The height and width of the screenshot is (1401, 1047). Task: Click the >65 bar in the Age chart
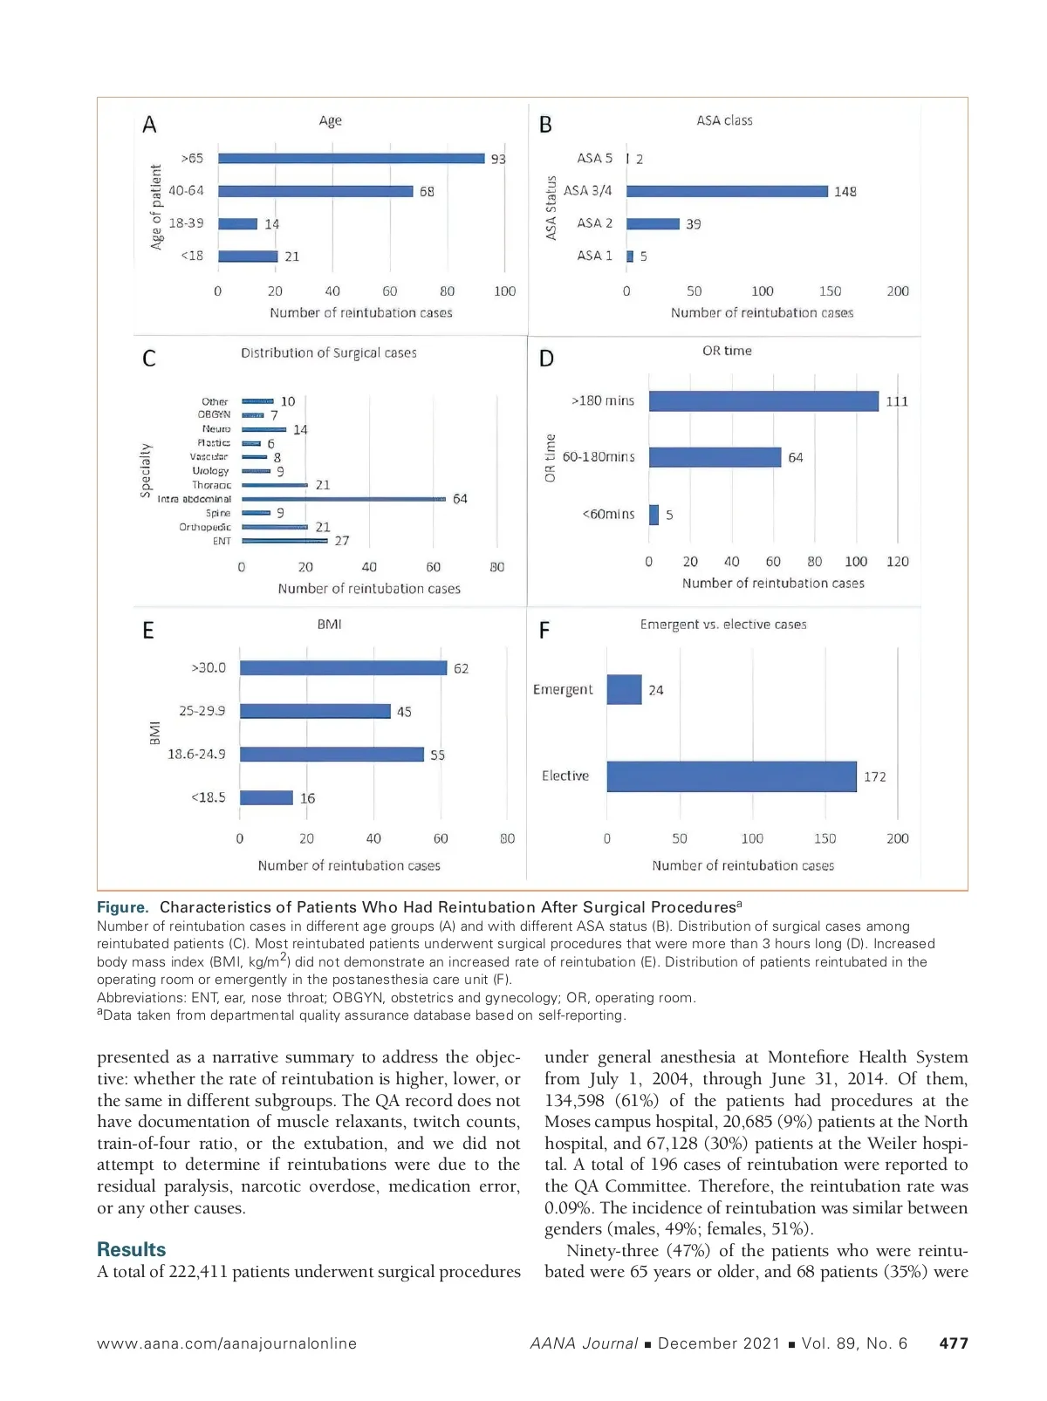click(351, 158)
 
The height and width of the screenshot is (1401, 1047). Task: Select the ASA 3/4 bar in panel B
click(727, 191)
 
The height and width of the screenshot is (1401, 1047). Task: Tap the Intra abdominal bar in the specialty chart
click(344, 499)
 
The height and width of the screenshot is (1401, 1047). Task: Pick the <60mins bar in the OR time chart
click(654, 515)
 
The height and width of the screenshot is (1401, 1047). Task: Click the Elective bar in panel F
click(731, 776)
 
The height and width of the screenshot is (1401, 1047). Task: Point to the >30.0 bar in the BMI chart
click(343, 667)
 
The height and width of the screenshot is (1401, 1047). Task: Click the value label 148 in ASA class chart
click(845, 192)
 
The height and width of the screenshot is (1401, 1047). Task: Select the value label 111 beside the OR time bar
click(897, 401)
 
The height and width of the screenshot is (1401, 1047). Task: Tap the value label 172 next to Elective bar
click(874, 777)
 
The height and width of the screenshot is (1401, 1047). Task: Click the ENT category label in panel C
click(222, 541)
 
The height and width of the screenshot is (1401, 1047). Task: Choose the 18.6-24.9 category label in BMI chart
click(196, 754)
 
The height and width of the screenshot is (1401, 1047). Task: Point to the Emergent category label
click(563, 689)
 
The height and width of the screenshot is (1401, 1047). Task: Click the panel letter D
click(546, 359)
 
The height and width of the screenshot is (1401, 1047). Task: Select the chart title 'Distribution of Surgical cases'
click(329, 352)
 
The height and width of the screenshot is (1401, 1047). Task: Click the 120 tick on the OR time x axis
click(897, 562)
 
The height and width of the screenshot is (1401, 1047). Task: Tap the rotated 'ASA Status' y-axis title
click(551, 208)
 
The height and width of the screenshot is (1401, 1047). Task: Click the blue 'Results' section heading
click(131, 1249)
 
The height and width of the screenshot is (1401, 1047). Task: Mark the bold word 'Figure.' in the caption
click(123, 907)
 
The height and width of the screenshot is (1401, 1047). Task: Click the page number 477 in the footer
click(953, 1343)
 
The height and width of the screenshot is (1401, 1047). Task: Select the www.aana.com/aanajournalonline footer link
click(227, 1343)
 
